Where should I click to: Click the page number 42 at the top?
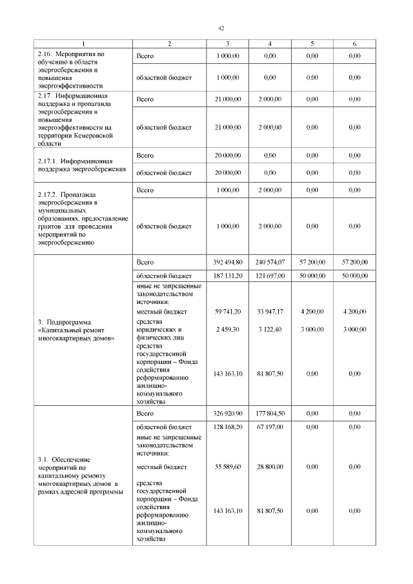tap(221, 28)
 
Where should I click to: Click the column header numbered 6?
tap(354, 43)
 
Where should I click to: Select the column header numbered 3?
tap(227, 43)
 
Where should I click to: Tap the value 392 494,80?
tap(227, 262)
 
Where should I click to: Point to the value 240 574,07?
tap(270, 262)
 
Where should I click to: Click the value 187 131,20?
tap(227, 276)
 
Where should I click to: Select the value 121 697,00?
tap(270, 276)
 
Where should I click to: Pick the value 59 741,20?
tap(227, 312)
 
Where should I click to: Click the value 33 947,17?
tap(270, 312)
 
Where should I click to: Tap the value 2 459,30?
tap(227, 329)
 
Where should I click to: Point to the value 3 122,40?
tap(270, 329)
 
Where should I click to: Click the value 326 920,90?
tap(227, 413)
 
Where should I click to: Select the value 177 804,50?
tap(270, 413)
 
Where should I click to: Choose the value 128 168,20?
tap(227, 427)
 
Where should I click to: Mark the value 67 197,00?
tap(270, 427)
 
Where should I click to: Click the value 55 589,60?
tap(227, 466)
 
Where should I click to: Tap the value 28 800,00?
tap(270, 466)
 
